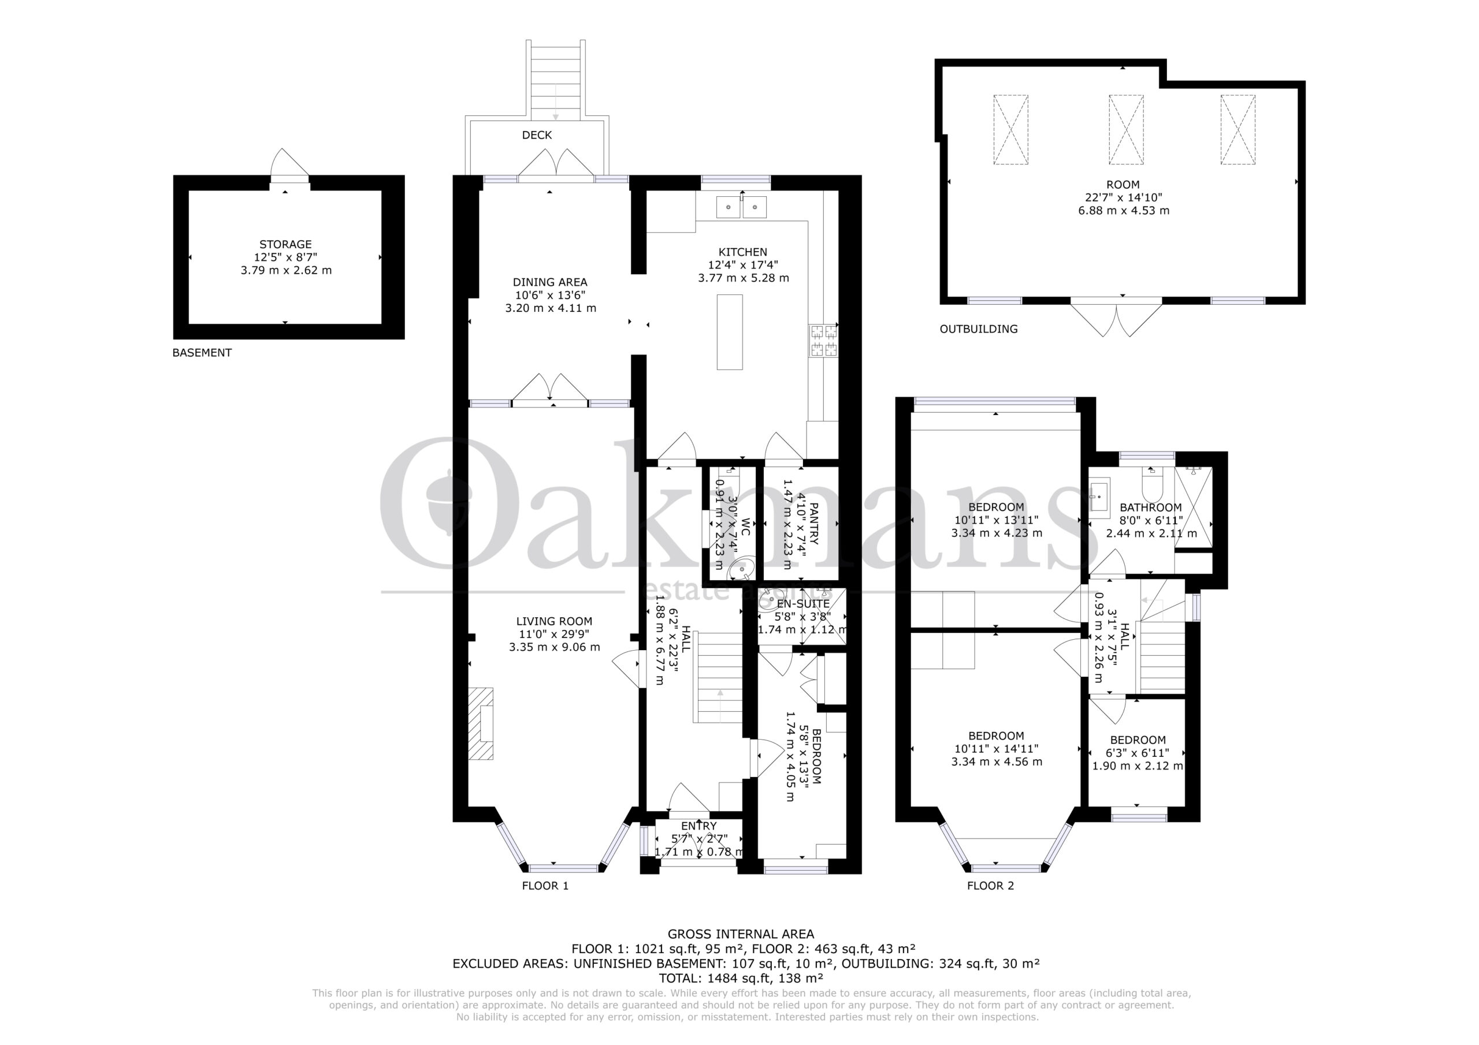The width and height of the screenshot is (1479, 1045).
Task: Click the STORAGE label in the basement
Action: [285, 245]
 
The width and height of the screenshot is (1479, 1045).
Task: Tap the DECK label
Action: [537, 135]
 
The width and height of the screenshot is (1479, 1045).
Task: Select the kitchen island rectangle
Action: [730, 331]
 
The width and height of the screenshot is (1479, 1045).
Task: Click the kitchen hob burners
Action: [824, 341]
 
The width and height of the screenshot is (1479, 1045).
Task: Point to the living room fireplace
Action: [481, 724]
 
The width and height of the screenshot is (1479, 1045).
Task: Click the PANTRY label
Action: [813, 524]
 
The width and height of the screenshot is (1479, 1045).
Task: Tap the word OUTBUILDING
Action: [979, 329]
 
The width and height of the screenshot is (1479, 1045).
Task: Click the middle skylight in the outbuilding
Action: [1126, 129]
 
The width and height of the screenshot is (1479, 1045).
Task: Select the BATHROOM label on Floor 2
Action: [1150, 507]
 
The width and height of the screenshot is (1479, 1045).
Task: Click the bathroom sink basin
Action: [1099, 498]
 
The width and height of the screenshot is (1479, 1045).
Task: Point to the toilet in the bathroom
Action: [1151, 487]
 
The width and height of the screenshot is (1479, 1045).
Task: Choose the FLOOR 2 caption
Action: [990, 886]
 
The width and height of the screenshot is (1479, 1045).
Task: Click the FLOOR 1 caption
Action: [545, 886]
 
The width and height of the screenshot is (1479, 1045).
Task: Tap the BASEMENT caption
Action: [202, 353]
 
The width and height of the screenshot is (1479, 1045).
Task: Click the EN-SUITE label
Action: [803, 604]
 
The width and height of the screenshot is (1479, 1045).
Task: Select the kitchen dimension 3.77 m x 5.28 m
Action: [744, 278]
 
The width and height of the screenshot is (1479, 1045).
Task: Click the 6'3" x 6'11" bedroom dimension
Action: [1138, 753]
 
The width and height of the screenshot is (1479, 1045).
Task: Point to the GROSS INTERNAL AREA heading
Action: [741, 934]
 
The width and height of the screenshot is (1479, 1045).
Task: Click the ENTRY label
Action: [698, 826]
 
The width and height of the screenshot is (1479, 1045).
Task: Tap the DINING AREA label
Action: [550, 282]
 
